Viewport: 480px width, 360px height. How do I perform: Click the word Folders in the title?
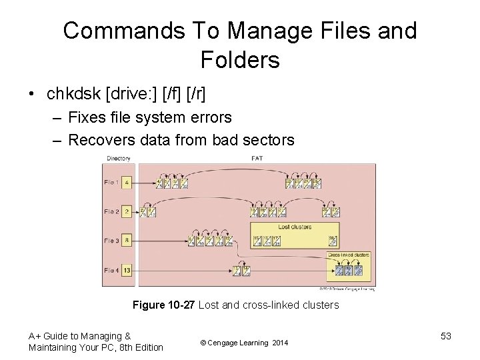(x=240, y=60)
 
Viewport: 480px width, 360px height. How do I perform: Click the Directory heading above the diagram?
(x=118, y=159)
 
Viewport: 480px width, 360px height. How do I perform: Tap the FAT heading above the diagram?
(x=256, y=159)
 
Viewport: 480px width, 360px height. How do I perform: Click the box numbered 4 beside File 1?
(x=127, y=182)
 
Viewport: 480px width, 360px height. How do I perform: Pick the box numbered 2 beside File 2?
(x=127, y=212)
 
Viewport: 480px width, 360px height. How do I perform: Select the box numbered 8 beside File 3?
(x=127, y=240)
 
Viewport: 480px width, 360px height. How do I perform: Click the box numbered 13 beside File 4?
(x=127, y=270)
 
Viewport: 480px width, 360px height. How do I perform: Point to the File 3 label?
(x=111, y=240)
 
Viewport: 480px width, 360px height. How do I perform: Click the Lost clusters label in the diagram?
(x=293, y=227)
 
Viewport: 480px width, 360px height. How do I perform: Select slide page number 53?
(x=445, y=336)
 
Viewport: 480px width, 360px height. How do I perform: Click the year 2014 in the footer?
(x=281, y=343)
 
